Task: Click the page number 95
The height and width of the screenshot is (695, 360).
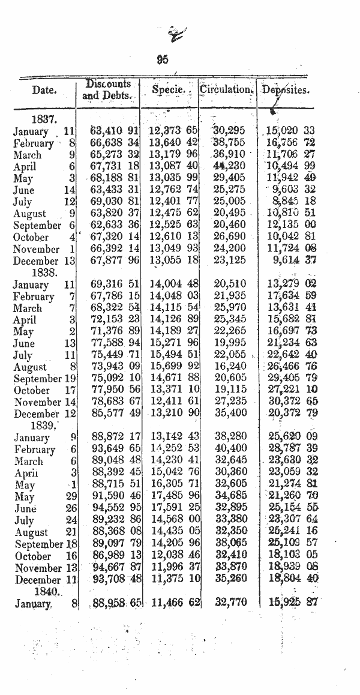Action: (x=162, y=59)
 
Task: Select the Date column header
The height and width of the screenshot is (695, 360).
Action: (x=45, y=91)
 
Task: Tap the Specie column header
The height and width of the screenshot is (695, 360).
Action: (x=167, y=90)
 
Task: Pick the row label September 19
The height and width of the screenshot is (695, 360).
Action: (x=46, y=378)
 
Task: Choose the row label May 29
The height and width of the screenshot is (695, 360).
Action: (x=46, y=496)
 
